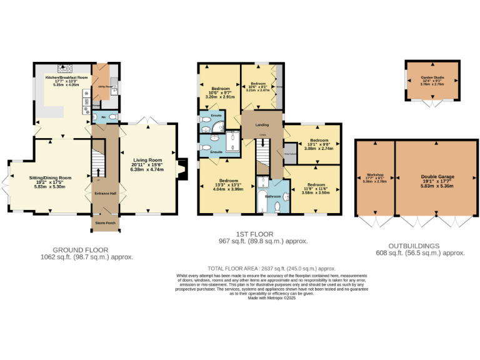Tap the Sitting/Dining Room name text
coord(51,177)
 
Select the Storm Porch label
coord(106,222)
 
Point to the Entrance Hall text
coord(106,194)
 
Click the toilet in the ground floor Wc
coord(112,116)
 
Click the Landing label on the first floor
coord(262,124)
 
